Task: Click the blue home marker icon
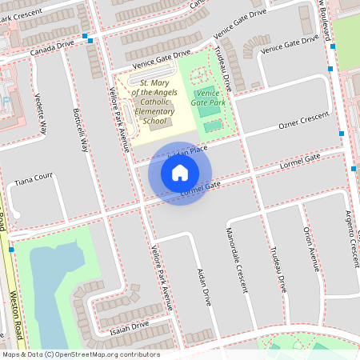(180, 172)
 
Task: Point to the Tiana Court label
(33, 178)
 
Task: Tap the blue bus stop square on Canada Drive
(90, 39)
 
